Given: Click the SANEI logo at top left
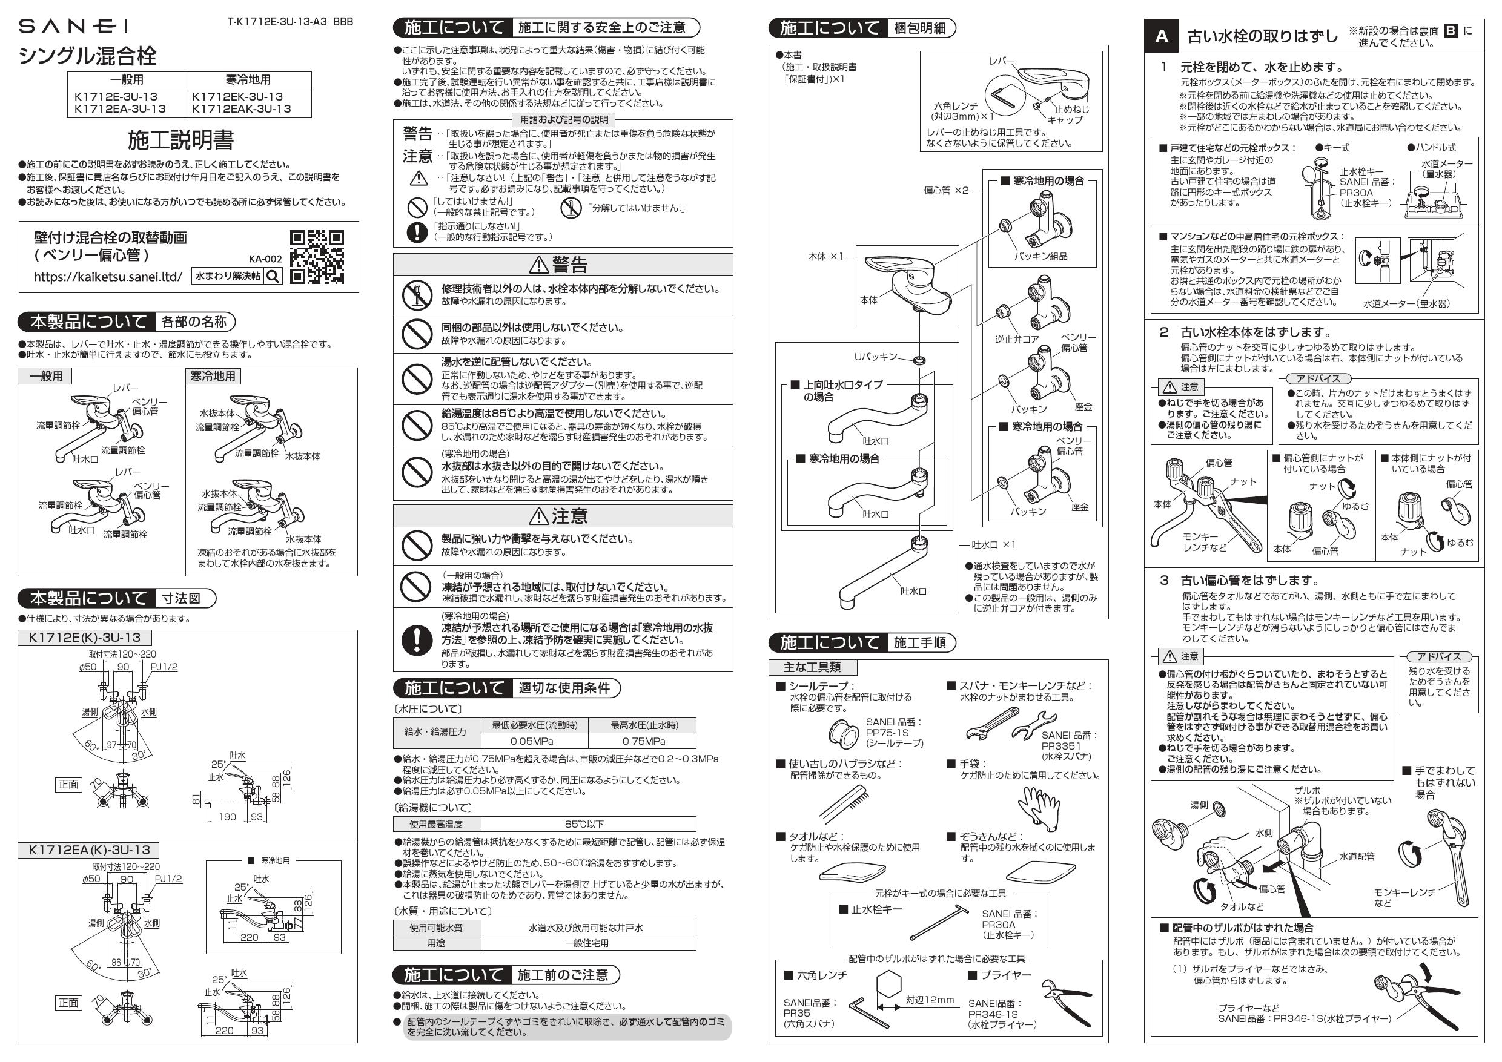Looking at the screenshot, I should coord(73,26).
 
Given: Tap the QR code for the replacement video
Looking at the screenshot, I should coord(317,257).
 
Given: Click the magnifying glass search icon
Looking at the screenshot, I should coord(273,277).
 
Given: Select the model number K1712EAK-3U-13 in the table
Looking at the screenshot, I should coord(242,109).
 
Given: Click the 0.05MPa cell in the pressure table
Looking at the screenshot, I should coord(532,741).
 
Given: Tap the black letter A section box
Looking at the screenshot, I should coord(1162,36).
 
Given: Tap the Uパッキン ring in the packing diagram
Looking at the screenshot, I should coord(920,360).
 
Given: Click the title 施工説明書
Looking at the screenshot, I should coord(180,140).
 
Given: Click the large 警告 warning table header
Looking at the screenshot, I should coord(563,264).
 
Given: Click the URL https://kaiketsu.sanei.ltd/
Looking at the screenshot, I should coord(108,277).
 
